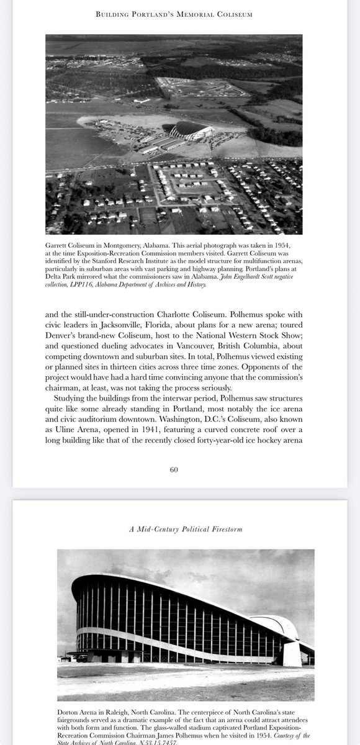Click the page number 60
click(x=174, y=469)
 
